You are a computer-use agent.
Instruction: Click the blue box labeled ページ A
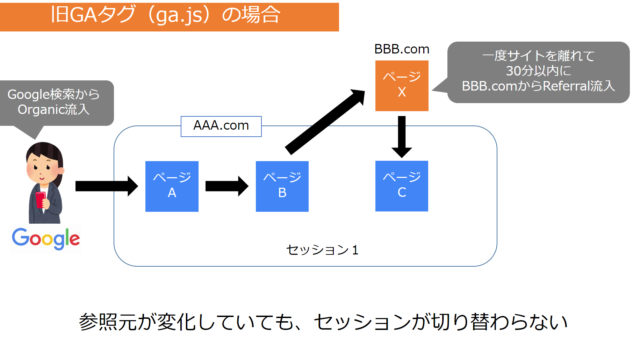click(171, 185)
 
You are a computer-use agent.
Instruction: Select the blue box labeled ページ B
click(282, 185)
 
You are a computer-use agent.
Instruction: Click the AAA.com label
click(220, 127)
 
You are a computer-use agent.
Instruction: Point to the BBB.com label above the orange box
click(401, 48)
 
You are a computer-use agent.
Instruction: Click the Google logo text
click(45, 238)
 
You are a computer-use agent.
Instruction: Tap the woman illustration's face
click(46, 161)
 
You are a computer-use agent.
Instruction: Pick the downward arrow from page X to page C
click(401, 135)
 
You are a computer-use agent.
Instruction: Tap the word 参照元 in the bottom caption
click(107, 322)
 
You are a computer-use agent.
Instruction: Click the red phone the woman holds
click(41, 200)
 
